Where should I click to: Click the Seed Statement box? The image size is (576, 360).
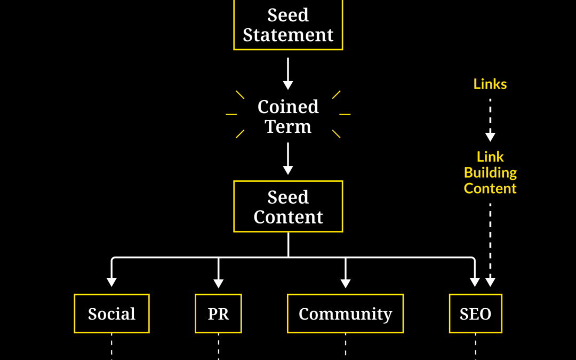pyautogui.click(x=288, y=25)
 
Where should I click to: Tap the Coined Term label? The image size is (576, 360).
pyautogui.click(x=288, y=117)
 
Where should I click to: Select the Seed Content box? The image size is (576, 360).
pyautogui.click(x=288, y=207)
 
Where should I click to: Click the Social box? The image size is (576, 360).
pyautogui.click(x=111, y=314)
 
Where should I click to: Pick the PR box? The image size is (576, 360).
pyautogui.click(x=218, y=314)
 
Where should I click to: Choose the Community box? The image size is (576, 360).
pyautogui.click(x=345, y=314)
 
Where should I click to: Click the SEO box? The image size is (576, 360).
pyautogui.click(x=475, y=314)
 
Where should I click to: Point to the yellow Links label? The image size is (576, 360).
pyautogui.click(x=490, y=84)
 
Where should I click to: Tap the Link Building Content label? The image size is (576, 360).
pyautogui.click(x=490, y=173)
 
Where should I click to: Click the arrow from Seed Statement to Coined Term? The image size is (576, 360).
pyautogui.click(x=288, y=74)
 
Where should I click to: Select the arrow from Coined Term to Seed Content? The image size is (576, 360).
pyautogui.click(x=288, y=159)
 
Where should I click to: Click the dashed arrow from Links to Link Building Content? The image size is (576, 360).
pyautogui.click(x=490, y=119)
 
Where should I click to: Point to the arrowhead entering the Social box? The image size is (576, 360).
pyautogui.click(x=111, y=282)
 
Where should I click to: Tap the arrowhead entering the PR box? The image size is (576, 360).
pyautogui.click(x=218, y=282)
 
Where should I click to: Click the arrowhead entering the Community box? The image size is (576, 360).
pyautogui.click(x=345, y=282)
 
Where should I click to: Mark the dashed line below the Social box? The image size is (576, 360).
pyautogui.click(x=111, y=347)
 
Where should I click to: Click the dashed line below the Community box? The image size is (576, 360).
pyautogui.click(x=345, y=347)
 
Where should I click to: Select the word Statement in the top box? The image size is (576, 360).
pyautogui.click(x=288, y=35)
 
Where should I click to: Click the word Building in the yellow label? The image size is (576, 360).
pyautogui.click(x=490, y=173)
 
